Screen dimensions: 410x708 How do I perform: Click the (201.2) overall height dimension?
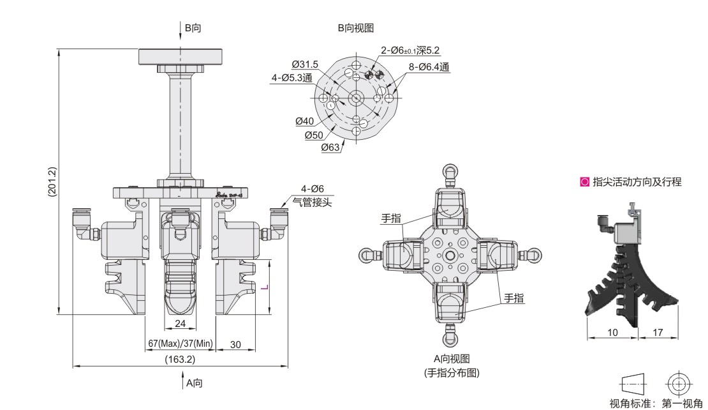tap(53, 181)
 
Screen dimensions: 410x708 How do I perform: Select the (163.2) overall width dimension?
tap(181, 360)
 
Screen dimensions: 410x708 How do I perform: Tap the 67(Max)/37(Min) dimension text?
tap(181, 344)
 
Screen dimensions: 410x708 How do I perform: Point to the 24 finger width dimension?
tap(181, 324)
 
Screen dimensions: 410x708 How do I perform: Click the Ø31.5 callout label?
tap(305, 64)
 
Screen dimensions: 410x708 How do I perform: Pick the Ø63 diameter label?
tap(330, 147)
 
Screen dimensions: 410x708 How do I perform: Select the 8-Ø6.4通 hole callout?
tap(429, 66)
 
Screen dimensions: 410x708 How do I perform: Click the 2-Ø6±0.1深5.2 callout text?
tap(410, 50)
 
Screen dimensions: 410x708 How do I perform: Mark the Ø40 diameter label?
tap(305, 121)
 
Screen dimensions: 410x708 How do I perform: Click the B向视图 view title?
tap(356, 28)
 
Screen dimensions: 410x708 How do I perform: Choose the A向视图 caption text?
tap(452, 360)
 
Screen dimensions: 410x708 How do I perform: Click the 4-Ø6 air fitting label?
tap(313, 189)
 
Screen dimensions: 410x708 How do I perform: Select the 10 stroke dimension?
tap(614, 333)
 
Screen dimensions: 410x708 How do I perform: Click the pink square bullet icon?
tap(584, 182)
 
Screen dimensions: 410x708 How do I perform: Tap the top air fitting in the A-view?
tap(450, 173)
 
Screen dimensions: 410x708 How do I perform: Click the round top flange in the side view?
tap(181, 56)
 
